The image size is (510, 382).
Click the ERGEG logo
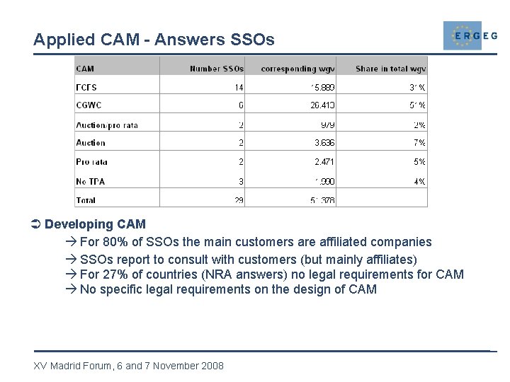[x=470, y=35]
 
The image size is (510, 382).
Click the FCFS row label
[x=86, y=88]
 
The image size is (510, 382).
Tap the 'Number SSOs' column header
[x=216, y=69]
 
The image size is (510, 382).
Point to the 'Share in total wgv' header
[x=390, y=69]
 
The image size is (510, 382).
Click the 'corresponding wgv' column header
[x=297, y=69]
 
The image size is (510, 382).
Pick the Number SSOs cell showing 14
[x=239, y=88]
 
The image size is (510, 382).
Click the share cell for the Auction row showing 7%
[x=419, y=143]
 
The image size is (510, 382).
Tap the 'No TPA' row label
[x=90, y=182]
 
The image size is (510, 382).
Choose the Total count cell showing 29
[x=239, y=200]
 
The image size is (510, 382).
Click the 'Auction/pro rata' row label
[x=106, y=125]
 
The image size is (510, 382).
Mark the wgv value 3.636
[x=324, y=143]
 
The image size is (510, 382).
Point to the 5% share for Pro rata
[x=419, y=162]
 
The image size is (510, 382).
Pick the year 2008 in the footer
[x=211, y=366]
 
